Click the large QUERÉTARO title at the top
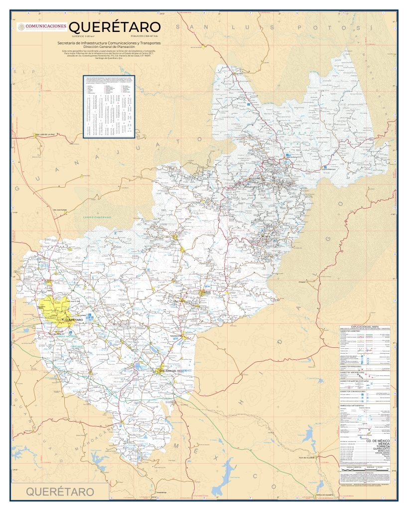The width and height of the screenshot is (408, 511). (x=115, y=26)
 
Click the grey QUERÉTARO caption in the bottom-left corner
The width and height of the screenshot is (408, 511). (x=60, y=492)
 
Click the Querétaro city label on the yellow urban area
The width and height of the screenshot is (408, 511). (x=73, y=319)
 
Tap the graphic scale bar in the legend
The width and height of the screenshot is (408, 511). (x=359, y=469)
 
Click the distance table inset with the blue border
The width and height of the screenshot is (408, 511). (x=109, y=106)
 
